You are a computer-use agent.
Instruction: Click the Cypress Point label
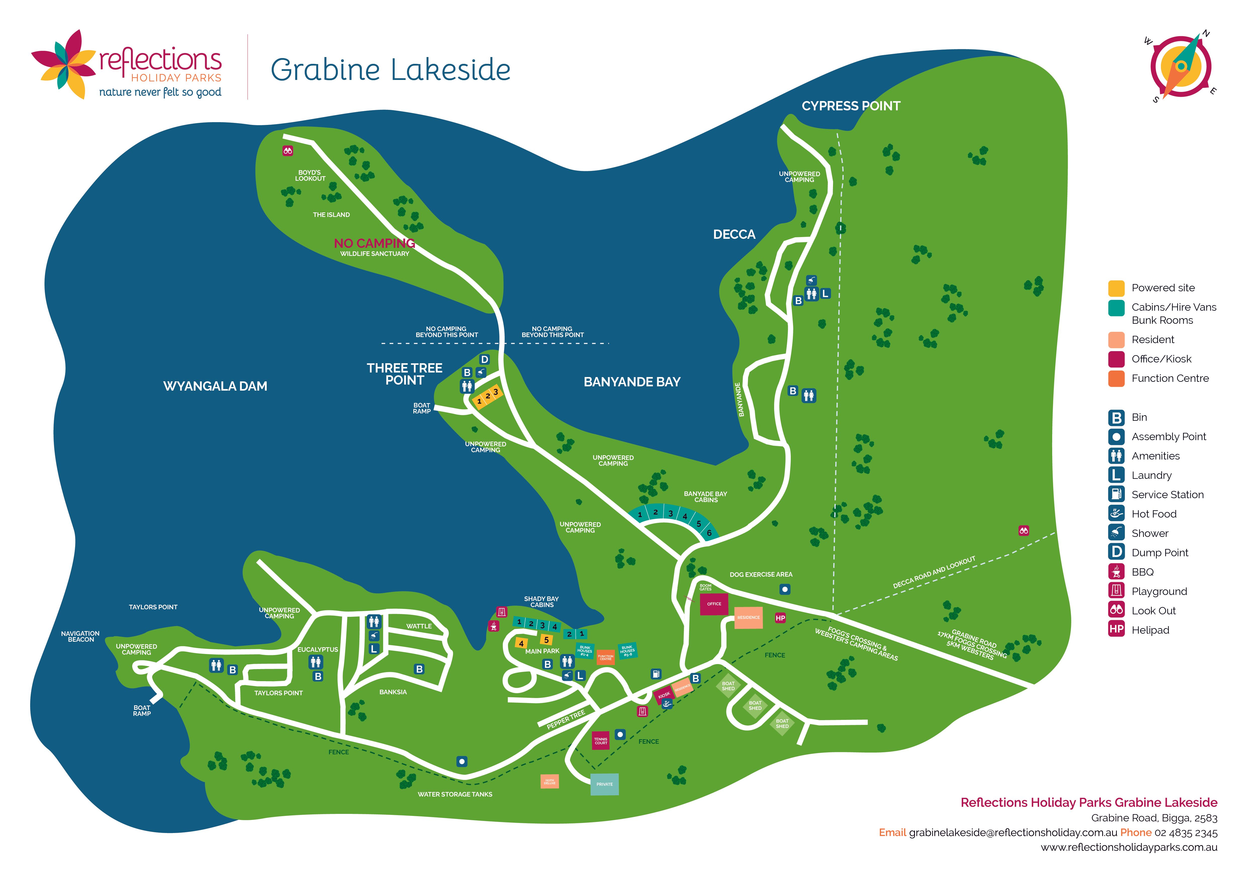851,106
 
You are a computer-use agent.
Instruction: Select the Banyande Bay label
632,382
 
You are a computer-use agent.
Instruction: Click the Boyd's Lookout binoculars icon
288,151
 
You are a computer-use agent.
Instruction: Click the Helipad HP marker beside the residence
780,618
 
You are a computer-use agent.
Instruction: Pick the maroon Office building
714,604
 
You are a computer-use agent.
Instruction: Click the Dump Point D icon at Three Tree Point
484,359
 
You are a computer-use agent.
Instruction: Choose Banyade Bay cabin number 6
709,533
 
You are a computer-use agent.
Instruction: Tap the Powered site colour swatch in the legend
1116,288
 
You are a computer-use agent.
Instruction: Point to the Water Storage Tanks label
455,794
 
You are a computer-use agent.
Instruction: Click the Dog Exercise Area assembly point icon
784,589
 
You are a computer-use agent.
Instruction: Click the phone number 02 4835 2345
1186,832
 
